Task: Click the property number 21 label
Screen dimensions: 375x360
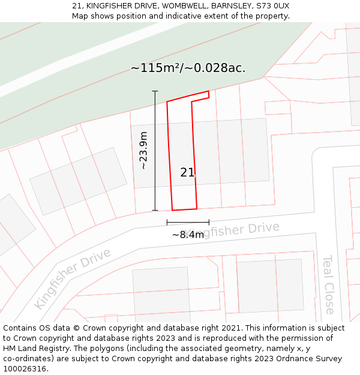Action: pos(188,173)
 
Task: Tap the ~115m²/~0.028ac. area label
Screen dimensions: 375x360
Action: pos(188,68)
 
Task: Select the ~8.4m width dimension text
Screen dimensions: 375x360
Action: pos(188,235)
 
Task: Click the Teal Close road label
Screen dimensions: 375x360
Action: pos(329,284)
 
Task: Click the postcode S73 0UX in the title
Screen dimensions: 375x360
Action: pos(272,6)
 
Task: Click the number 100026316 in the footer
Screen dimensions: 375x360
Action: pos(25,368)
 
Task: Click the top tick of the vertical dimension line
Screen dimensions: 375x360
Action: pos(155,91)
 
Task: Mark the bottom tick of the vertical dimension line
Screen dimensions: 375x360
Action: pos(155,210)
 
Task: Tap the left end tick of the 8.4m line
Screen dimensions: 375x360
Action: pos(167,222)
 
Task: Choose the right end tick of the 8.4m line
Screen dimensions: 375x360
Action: pos(209,222)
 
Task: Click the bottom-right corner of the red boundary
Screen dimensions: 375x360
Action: pos(197,209)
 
